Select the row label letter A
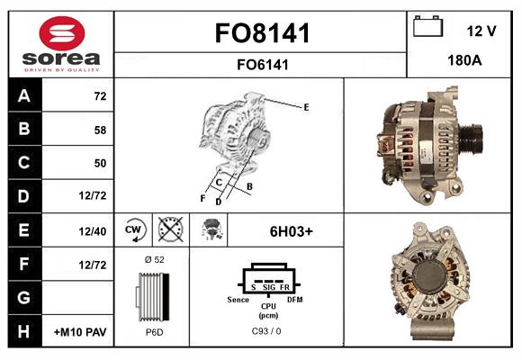point(23,94)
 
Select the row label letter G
point(23,298)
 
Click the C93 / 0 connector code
point(267,332)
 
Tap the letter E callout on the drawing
point(306,107)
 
